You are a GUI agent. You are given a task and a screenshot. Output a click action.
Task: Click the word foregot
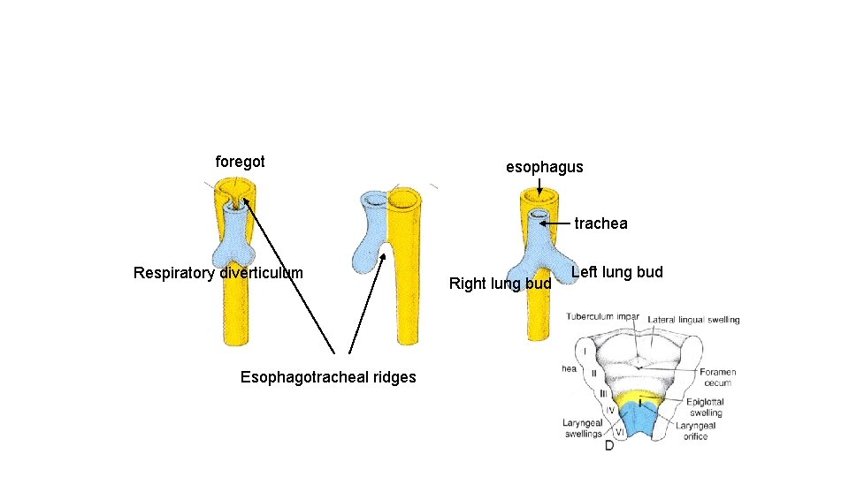(x=240, y=163)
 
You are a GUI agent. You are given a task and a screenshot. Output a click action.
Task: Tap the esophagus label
(x=544, y=167)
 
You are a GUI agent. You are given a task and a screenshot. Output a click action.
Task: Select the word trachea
(x=600, y=223)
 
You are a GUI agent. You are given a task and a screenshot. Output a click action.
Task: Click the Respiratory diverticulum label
(x=218, y=273)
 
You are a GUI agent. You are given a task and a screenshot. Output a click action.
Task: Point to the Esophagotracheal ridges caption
(x=328, y=378)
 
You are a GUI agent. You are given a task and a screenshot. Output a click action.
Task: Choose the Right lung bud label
(x=500, y=284)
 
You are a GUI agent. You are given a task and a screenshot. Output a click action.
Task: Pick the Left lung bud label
(x=616, y=272)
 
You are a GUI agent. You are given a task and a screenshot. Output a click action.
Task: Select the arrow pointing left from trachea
(x=555, y=223)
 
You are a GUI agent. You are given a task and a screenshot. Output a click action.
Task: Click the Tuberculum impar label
(x=603, y=316)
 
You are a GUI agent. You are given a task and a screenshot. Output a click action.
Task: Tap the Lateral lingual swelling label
(x=693, y=320)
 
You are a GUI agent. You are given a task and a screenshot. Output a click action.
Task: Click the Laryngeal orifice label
(x=696, y=430)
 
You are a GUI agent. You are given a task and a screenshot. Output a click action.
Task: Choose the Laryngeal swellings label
(x=582, y=428)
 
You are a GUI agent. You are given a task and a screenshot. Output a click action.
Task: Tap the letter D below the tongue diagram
(x=609, y=446)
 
